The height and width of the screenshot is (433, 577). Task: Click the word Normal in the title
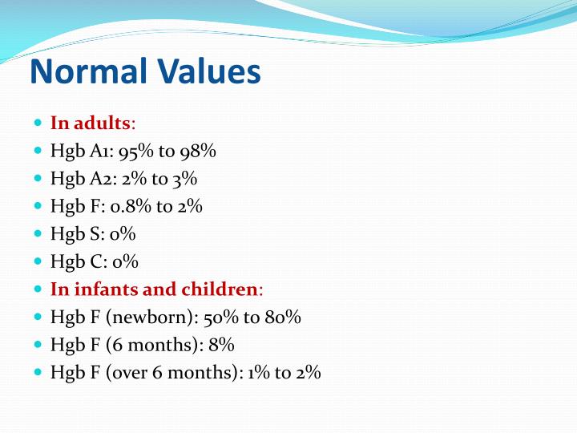pyautogui.click(x=87, y=71)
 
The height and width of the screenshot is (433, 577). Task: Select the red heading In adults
pyautogui.click(x=91, y=123)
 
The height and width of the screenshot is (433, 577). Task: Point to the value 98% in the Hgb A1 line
pyautogui.click(x=199, y=151)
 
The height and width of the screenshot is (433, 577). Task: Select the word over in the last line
pyautogui.click(x=135, y=372)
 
